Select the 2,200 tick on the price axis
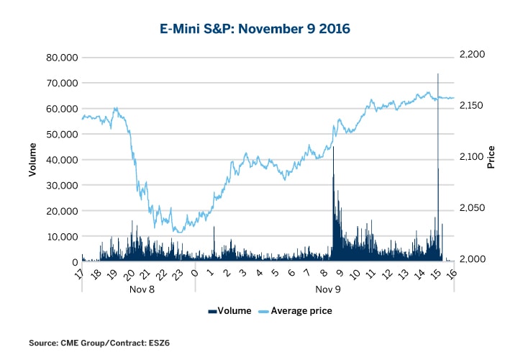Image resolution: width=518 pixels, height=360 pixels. [x=473, y=55]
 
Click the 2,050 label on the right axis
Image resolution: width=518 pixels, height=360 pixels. [x=473, y=208]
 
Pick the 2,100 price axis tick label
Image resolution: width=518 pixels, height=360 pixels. [x=473, y=157]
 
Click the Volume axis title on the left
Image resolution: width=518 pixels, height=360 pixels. [x=32, y=160]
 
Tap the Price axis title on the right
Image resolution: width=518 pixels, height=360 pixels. [x=491, y=157]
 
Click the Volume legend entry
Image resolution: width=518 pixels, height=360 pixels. [x=230, y=311]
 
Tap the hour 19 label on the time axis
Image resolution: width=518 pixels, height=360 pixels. [x=113, y=274]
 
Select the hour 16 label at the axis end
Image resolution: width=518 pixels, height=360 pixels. [x=452, y=274]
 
